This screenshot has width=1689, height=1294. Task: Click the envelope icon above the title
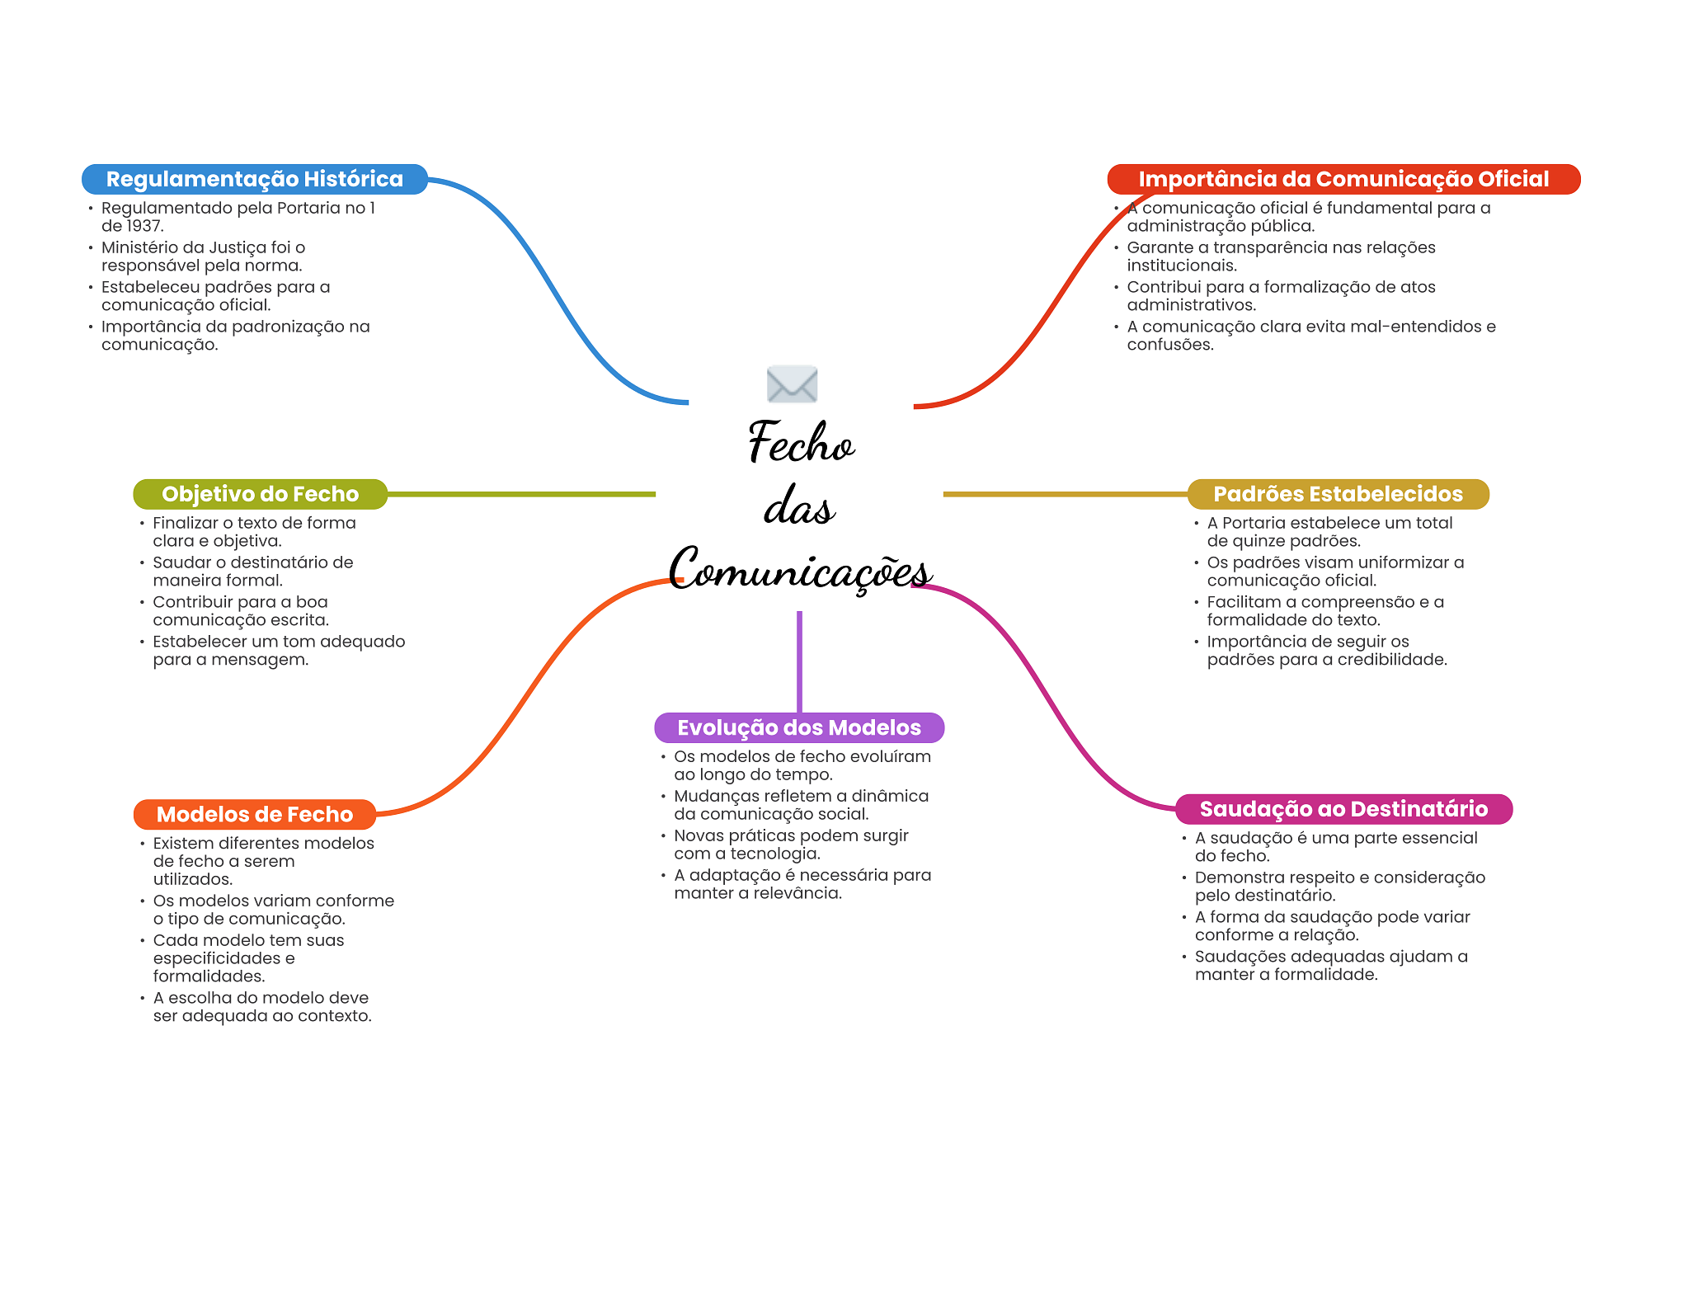click(x=792, y=383)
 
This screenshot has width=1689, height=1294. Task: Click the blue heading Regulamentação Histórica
click(x=255, y=179)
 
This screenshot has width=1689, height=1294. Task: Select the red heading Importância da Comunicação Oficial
click(x=1343, y=179)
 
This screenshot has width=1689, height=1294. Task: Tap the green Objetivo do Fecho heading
click(x=260, y=494)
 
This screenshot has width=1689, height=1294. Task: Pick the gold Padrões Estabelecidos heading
click(x=1338, y=494)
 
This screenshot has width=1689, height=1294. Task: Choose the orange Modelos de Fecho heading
click(x=255, y=814)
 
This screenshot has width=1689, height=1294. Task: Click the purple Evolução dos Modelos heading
click(x=799, y=727)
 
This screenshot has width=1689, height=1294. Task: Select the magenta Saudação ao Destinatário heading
click(x=1343, y=809)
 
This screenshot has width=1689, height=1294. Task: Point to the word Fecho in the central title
click(x=802, y=442)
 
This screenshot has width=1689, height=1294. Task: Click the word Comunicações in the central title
click(x=800, y=569)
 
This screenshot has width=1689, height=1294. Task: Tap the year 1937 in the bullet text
click(x=143, y=226)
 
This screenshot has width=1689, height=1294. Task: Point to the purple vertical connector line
click(x=799, y=661)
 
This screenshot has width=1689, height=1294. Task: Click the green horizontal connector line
click(x=521, y=494)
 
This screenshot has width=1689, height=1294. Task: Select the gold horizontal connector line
click(x=1066, y=494)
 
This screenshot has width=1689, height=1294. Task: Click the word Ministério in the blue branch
click(x=140, y=247)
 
